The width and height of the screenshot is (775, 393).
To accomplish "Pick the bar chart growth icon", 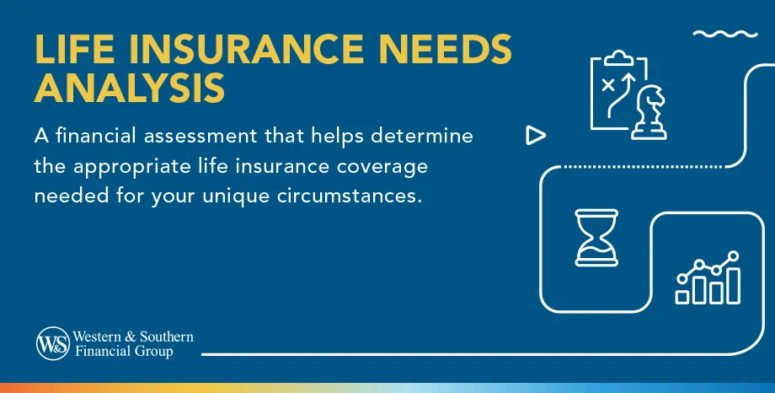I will click(x=708, y=278).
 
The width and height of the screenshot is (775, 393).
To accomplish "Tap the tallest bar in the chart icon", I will click(x=733, y=284).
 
